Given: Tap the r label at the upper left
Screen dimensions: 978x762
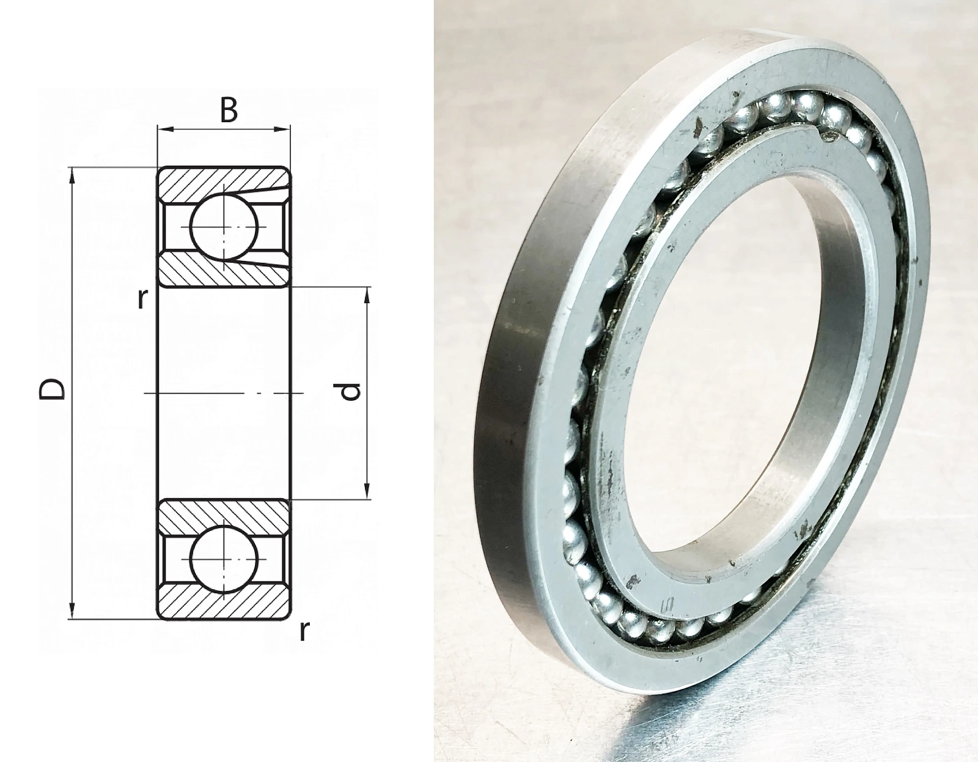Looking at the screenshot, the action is pyautogui.click(x=141, y=299).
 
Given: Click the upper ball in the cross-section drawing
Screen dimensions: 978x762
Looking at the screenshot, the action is pyautogui.click(x=224, y=227).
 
